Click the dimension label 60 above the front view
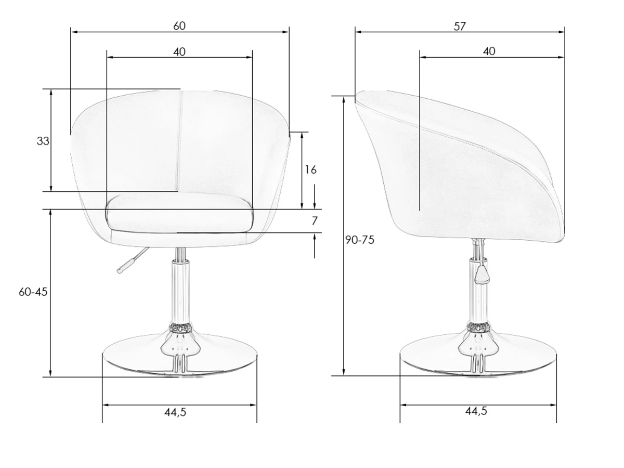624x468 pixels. (x=179, y=26)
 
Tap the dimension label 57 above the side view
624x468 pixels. (x=460, y=27)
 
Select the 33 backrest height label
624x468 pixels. (x=43, y=141)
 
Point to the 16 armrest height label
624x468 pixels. (x=311, y=170)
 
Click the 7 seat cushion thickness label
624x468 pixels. (x=315, y=221)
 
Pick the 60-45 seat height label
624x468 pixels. (x=33, y=292)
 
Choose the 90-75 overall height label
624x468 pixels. (x=360, y=240)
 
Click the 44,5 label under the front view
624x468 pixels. (x=175, y=412)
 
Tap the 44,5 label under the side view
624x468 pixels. (x=476, y=411)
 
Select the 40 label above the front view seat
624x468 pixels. (x=179, y=52)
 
